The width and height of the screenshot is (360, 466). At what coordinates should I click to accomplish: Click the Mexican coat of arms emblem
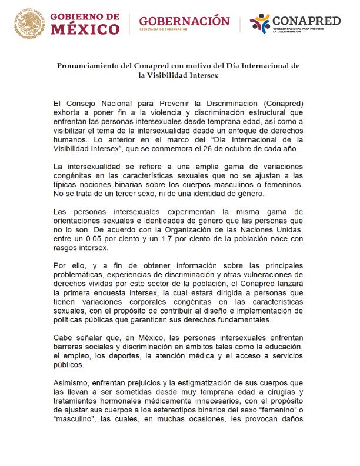(28, 24)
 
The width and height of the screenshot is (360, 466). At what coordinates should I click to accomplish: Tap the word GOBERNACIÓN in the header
(184, 21)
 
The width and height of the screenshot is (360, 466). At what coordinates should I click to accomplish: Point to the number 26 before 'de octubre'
(225, 148)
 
